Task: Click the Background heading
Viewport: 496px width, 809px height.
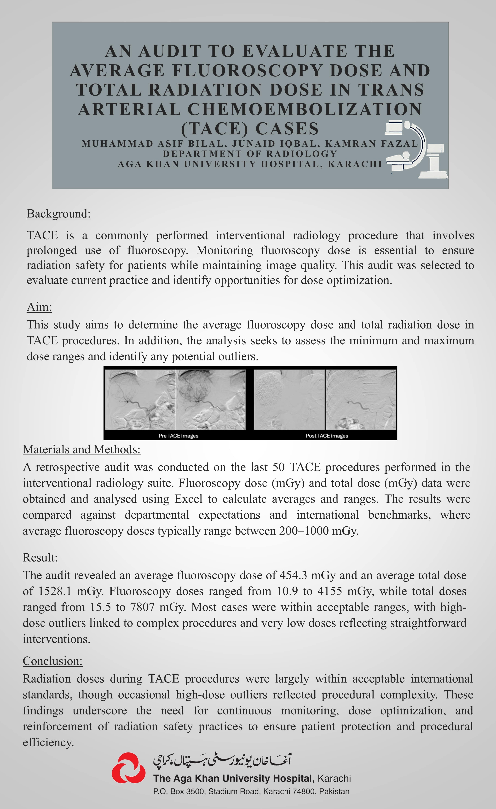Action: click(58, 214)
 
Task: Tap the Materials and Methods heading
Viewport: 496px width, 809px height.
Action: click(81, 449)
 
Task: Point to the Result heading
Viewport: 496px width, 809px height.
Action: click(40, 557)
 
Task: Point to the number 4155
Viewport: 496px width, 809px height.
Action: click(331, 591)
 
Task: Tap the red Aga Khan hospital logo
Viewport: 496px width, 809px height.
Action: click(128, 768)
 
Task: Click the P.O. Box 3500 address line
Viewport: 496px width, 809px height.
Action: click(251, 792)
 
